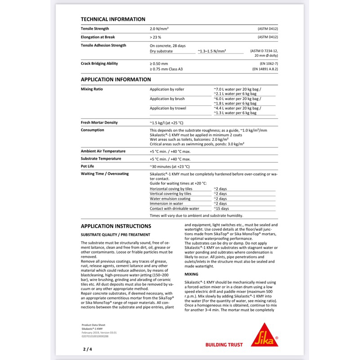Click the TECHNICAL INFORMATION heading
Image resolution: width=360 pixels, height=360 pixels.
coord(112,19)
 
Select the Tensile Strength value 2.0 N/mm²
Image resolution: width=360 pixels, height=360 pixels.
coord(159,29)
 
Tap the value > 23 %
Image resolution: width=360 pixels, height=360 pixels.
coord(155,37)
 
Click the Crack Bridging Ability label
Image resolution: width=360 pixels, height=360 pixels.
coord(99,63)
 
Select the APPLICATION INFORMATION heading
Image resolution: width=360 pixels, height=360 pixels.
coord(116,79)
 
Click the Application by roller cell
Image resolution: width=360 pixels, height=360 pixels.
coord(167,89)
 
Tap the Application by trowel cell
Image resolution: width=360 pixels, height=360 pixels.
coord(168,108)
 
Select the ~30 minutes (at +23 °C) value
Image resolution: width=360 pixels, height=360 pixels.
coord(170,166)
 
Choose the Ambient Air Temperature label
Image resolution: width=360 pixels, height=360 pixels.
coord(103,151)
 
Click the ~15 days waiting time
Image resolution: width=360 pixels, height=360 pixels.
coord(221,208)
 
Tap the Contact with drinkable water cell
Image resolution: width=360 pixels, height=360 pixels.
coord(174,208)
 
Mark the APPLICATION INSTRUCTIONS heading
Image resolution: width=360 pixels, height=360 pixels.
coord(116,226)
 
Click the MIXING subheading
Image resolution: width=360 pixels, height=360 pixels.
coord(192,274)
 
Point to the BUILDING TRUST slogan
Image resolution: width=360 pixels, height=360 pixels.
coord(224,345)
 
